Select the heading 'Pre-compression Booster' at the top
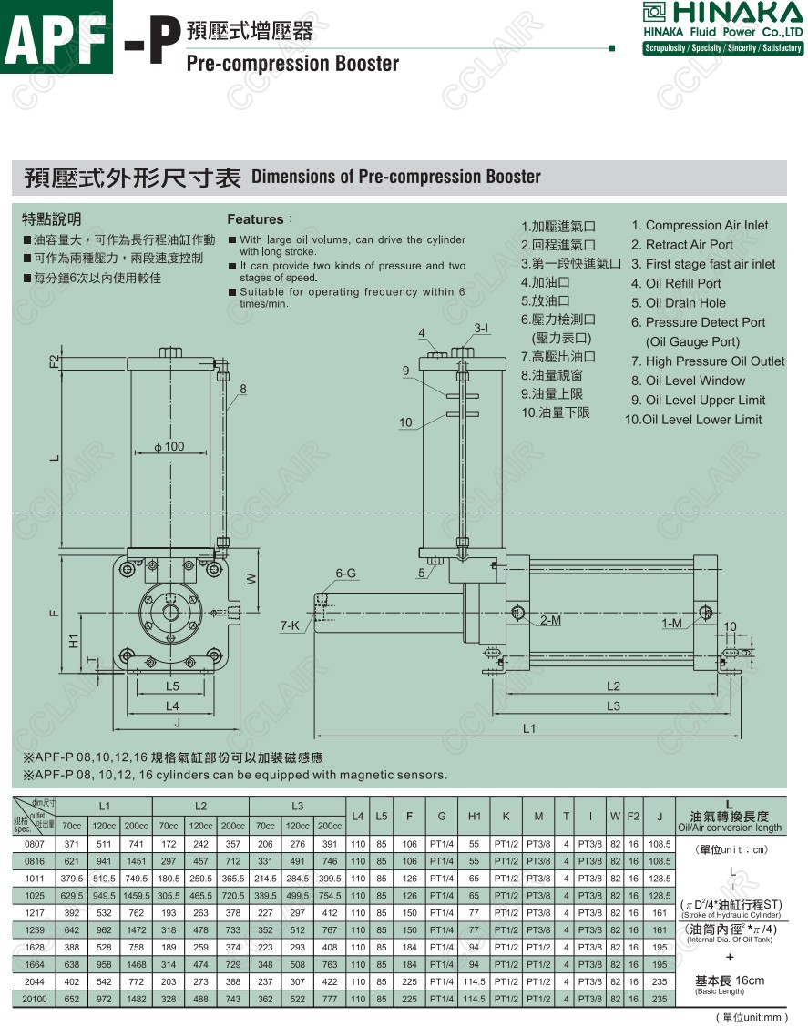pyautogui.click(x=292, y=63)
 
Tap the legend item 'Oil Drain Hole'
pyautogui.click(x=685, y=303)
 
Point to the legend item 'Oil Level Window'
pyautogui.click(x=695, y=381)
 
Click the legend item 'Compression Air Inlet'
pyautogui.click(x=706, y=225)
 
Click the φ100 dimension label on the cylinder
pyautogui.click(x=169, y=446)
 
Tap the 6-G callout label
pyautogui.click(x=345, y=574)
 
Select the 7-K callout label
pyautogui.click(x=290, y=625)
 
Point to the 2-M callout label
pyautogui.click(x=550, y=621)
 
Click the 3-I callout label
pyautogui.click(x=480, y=328)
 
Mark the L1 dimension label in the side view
pyautogui.click(x=528, y=728)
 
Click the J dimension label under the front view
pyautogui.click(x=177, y=722)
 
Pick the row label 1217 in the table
pyautogui.click(x=33, y=911)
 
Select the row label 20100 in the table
pyautogui.click(x=33, y=999)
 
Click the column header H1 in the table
pyautogui.click(x=474, y=816)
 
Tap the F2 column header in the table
pyautogui.click(x=633, y=816)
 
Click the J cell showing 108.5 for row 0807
pyautogui.click(x=659, y=844)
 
